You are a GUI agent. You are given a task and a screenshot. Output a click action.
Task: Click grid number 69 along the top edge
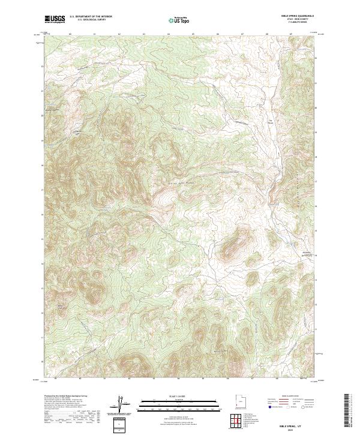290,34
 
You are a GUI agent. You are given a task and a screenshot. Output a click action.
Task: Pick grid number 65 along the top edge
193,34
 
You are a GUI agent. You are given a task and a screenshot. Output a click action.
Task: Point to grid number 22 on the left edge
42,66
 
